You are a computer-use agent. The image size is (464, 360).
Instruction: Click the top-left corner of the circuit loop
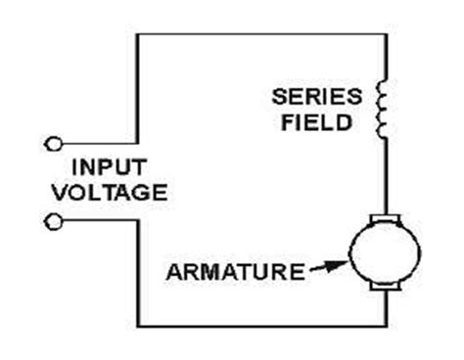(138, 34)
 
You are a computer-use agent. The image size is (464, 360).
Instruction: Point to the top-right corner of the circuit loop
(384, 34)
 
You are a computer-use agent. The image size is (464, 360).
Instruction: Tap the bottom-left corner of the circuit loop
(138, 327)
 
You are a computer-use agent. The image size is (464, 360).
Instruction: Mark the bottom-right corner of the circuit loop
(384, 327)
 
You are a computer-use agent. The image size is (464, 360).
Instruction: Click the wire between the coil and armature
(384, 176)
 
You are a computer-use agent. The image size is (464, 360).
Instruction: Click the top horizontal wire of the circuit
(259, 34)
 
